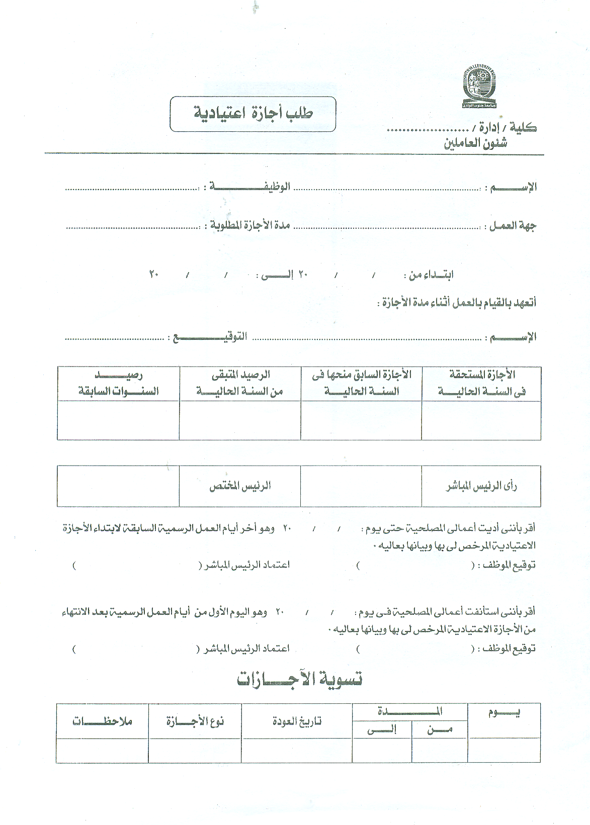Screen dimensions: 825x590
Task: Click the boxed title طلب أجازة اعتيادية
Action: pyautogui.click(x=253, y=114)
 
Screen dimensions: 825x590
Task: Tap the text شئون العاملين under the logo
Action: pyautogui.click(x=475, y=144)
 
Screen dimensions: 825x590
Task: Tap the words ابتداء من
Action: pyautogui.click(x=431, y=274)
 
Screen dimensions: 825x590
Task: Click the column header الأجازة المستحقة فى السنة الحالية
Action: pyautogui.click(x=481, y=383)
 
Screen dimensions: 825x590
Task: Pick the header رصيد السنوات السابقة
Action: pyautogui.click(x=118, y=383)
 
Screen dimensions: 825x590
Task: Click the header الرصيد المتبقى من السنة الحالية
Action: pyautogui.click(x=240, y=383)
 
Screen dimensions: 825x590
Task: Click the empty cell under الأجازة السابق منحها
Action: pyautogui.click(x=361, y=420)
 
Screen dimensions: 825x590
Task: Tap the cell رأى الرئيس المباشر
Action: pyautogui.click(x=481, y=486)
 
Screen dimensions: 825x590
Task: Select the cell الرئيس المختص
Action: pyautogui.click(x=240, y=486)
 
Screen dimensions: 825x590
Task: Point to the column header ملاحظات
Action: pyautogui.click(x=102, y=721)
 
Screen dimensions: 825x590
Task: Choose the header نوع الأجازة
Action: pyautogui.click(x=195, y=721)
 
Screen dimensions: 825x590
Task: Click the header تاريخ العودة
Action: pyautogui.click(x=296, y=721)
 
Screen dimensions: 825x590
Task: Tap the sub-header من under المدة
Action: pyautogui.click(x=440, y=729)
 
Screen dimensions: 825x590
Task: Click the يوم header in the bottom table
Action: pyautogui.click(x=503, y=713)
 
